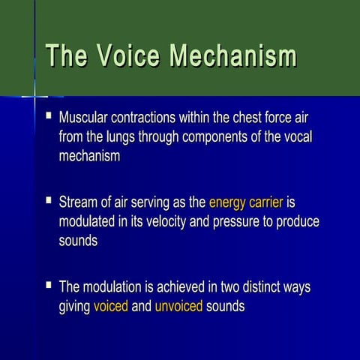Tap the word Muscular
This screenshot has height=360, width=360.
point(85,118)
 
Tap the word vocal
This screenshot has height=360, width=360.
point(295,137)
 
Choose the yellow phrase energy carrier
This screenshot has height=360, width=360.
point(245,202)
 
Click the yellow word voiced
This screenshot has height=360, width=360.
point(110,307)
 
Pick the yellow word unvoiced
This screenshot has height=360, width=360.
point(178,307)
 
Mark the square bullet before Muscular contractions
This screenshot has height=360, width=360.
point(49,116)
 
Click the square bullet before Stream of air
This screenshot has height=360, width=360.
point(49,201)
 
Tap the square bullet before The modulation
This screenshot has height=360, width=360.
point(49,286)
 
